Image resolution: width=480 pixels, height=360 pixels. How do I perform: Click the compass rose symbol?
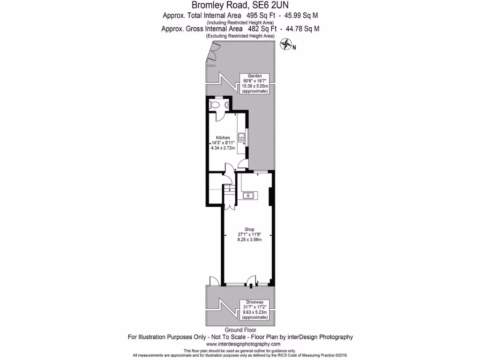[x=285, y=45]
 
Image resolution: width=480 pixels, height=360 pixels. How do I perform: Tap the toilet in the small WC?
[x=214, y=105]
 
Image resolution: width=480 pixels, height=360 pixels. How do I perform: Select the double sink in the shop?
[x=249, y=195]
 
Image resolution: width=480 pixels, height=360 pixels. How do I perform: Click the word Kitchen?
[x=223, y=137]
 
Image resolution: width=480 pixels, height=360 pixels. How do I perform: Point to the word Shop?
[x=249, y=229]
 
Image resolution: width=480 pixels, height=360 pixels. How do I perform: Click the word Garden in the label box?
[x=255, y=76]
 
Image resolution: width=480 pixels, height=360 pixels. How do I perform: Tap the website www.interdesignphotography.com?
[x=240, y=344]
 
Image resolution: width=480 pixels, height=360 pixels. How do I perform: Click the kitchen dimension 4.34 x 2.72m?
[x=224, y=148]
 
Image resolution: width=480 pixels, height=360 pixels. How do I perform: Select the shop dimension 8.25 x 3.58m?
[x=249, y=240]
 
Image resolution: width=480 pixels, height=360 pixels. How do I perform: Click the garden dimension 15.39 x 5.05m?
[x=255, y=86]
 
